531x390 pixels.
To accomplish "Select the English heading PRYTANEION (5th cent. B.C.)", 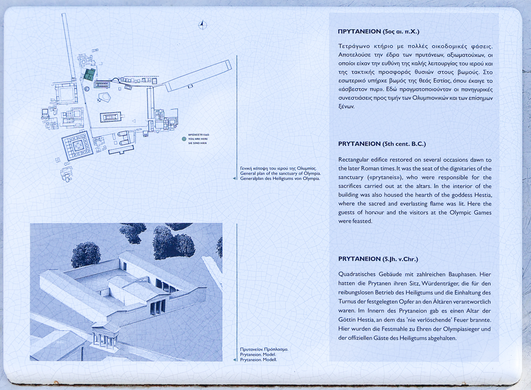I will (382, 144).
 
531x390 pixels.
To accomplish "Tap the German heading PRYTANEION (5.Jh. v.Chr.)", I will (378, 259).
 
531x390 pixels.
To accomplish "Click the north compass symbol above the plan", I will (202, 25).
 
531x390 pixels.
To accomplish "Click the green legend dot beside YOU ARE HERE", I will (184, 139).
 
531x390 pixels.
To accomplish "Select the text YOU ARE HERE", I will (198, 139).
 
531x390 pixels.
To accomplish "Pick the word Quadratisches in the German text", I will (357, 274).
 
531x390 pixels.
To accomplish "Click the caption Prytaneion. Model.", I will (258, 355).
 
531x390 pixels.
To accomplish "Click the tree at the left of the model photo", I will (86, 254).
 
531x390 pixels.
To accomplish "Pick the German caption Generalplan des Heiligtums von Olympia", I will (280, 179).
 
